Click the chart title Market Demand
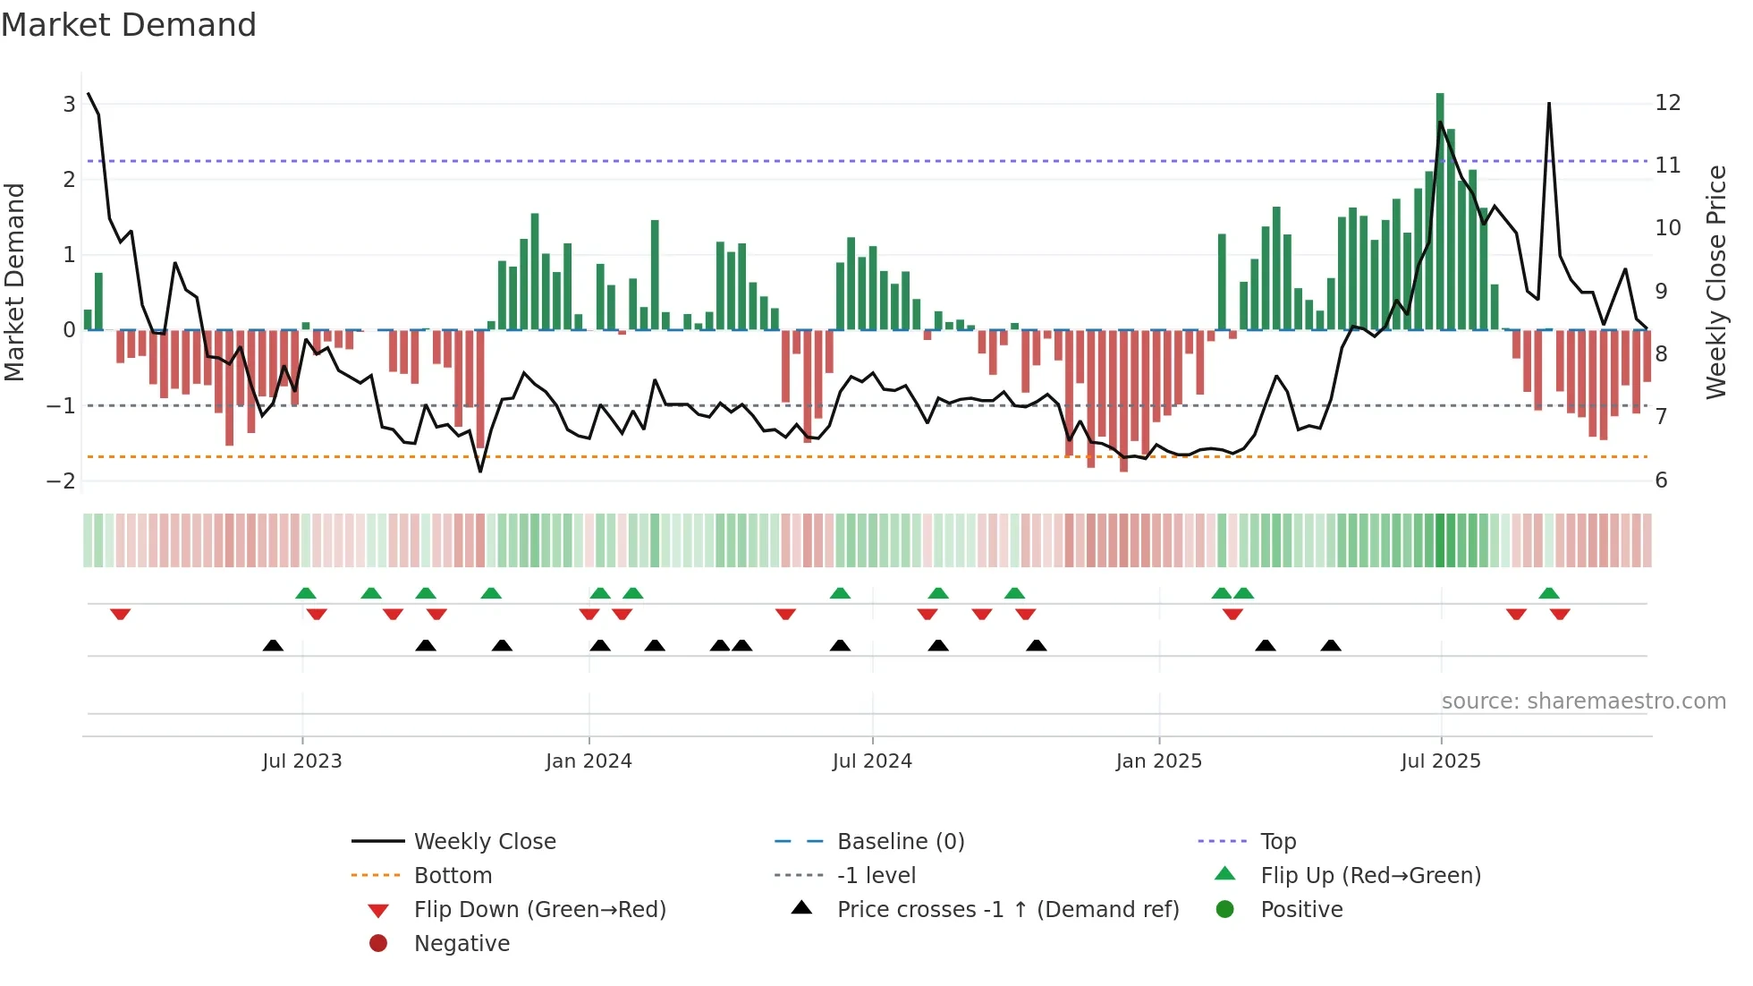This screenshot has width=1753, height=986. point(129,25)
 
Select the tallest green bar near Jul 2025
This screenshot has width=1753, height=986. point(1440,211)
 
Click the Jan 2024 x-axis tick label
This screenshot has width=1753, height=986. point(589,761)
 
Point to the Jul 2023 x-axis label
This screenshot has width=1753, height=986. point(302,761)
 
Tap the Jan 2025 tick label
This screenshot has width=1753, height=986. point(1159,761)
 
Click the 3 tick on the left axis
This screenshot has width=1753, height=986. point(69,105)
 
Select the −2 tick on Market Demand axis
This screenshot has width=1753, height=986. point(62,481)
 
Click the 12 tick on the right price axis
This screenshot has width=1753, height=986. point(1668,103)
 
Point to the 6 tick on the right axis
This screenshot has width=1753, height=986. point(1661,480)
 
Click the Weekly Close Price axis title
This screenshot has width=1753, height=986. point(1715,282)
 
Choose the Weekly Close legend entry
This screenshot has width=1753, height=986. point(485,842)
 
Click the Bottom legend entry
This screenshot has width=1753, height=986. point(453,876)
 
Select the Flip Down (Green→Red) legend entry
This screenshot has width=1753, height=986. point(539,910)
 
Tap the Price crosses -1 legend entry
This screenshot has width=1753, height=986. point(1008,910)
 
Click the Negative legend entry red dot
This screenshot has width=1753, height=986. point(378,944)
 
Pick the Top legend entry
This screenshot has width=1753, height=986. point(1278,842)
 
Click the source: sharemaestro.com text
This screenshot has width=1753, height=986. point(1583,701)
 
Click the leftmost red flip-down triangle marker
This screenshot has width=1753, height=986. point(121,614)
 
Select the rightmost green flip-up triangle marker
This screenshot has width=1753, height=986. point(1549,593)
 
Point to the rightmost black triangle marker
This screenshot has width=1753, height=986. point(1331,646)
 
